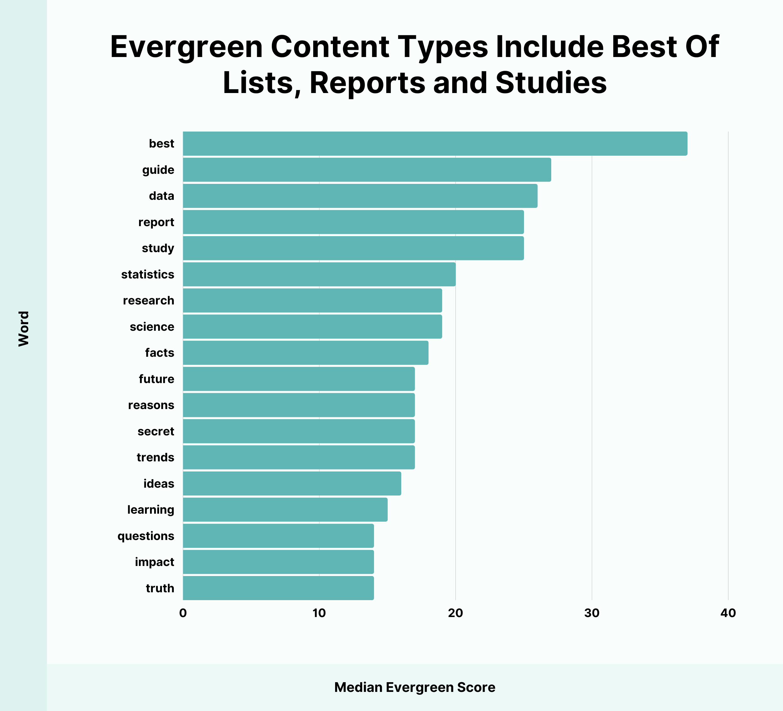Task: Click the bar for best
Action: pos(435,144)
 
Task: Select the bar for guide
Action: pos(367,170)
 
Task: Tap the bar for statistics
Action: pos(319,274)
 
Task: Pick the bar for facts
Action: pos(306,353)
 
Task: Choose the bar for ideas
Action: pos(292,484)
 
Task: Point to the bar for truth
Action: pos(278,588)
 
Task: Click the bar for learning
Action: pos(285,510)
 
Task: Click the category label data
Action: pos(162,196)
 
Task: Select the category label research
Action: pos(148,301)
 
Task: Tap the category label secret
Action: pos(156,431)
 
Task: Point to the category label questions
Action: pos(146,536)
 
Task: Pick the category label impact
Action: pos(155,562)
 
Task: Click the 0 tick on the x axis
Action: pos(183,613)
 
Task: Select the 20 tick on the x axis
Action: pos(455,613)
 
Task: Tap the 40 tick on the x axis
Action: pos(728,613)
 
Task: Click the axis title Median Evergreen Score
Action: pos(414,687)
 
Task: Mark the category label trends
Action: pos(155,457)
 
